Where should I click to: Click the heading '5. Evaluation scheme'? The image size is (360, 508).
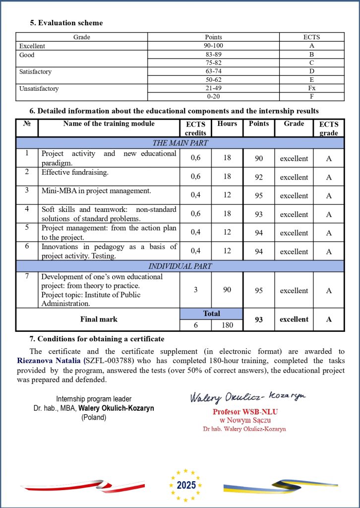point(66,23)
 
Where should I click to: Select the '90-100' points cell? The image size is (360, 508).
point(213,46)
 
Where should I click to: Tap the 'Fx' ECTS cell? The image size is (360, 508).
point(311,88)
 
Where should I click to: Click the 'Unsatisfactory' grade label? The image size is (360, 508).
point(39,89)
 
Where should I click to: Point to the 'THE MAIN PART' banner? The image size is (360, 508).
point(180,143)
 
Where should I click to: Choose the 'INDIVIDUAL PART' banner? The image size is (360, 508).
point(180,266)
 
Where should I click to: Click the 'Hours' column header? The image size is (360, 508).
point(227,124)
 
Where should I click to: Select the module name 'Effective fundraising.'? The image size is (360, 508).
point(75,172)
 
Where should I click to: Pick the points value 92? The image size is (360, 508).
point(259,177)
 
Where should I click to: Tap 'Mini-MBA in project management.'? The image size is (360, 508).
point(96,190)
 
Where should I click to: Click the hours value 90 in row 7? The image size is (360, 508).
point(227,290)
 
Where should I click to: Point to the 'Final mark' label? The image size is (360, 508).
point(99,319)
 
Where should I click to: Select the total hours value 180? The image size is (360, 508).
point(227,325)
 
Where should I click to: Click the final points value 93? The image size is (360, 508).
point(259,319)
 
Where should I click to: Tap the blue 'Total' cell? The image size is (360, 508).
point(211,314)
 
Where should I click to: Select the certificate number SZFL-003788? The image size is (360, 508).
point(112,360)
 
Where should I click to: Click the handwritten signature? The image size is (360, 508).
point(247,396)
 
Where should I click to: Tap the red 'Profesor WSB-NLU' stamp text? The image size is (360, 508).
point(245,412)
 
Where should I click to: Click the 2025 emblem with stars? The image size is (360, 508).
point(186,485)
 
